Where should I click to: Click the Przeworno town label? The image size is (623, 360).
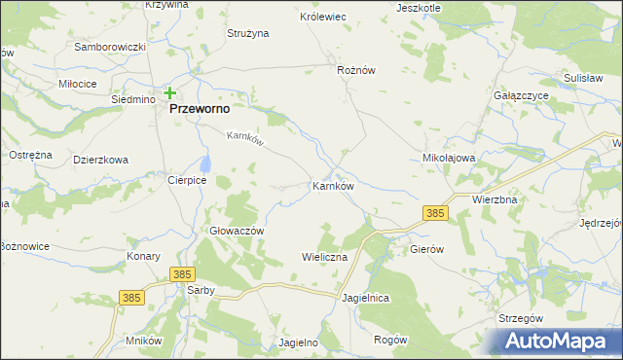[200, 110]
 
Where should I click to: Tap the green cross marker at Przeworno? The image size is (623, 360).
[170, 93]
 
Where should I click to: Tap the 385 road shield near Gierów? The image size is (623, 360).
[435, 211]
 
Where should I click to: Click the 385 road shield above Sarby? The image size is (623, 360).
[181, 275]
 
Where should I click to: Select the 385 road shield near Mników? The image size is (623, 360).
[132, 296]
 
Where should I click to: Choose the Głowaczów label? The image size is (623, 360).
[238, 231]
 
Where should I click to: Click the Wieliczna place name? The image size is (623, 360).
[324, 257]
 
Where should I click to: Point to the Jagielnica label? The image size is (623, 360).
[366, 299]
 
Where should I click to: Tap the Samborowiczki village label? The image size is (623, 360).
[110, 48]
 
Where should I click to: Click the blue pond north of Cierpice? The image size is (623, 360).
[205, 163]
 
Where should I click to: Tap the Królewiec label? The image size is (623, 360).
[323, 18]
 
